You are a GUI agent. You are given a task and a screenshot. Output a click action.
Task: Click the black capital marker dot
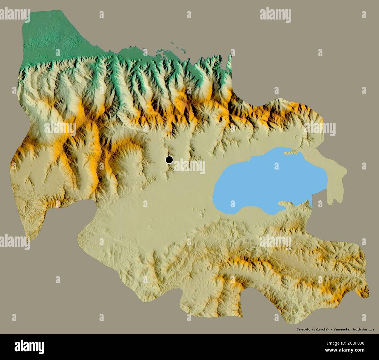(x=169, y=160)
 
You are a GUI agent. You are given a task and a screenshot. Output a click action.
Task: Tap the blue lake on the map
(x=262, y=183)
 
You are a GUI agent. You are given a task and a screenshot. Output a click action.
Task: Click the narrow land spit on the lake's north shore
(x=289, y=151)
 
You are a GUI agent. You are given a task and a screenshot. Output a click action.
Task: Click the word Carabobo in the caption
(x=303, y=329)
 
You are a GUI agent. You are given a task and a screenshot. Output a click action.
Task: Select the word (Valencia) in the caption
(x=321, y=329)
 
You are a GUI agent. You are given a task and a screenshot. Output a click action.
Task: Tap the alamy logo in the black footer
(x=29, y=347)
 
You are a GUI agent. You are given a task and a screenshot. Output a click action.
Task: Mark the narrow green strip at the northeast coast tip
(x=229, y=63)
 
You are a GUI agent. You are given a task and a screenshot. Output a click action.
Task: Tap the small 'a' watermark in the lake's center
(x=276, y=166)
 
